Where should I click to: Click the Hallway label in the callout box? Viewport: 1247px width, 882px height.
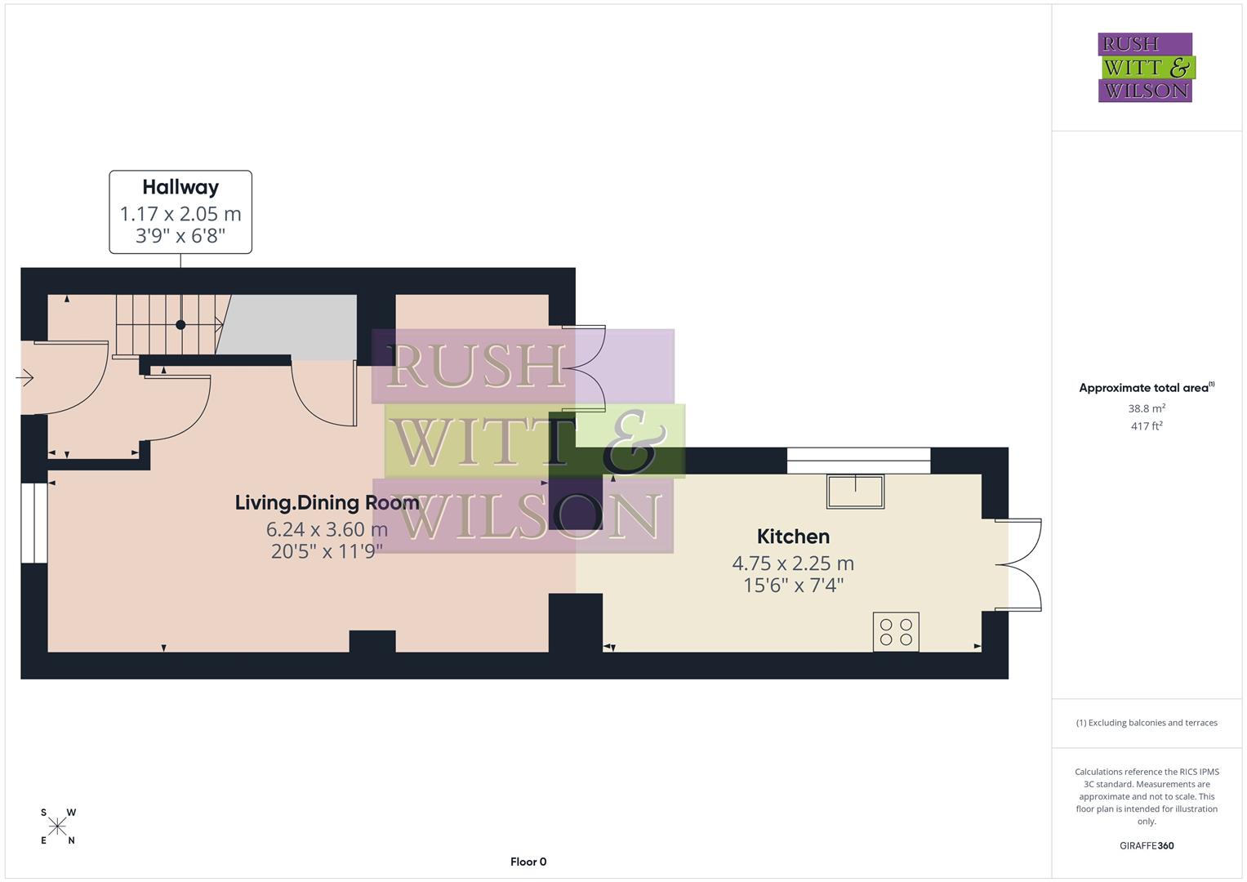pyautogui.click(x=180, y=187)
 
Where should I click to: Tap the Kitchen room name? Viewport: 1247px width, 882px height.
pyautogui.click(x=793, y=537)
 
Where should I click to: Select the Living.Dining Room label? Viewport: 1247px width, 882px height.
pyautogui.click(x=327, y=502)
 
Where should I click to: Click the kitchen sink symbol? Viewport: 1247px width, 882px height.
pyautogui.click(x=855, y=491)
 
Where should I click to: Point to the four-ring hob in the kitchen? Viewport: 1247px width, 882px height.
pyautogui.click(x=896, y=632)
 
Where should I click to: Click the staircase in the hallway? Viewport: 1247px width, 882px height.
pyautogui.click(x=170, y=324)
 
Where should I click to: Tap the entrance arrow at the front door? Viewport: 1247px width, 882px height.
pyautogui.click(x=24, y=378)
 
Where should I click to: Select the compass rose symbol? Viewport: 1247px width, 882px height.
pyautogui.click(x=57, y=826)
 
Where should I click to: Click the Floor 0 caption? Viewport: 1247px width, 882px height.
pyautogui.click(x=528, y=862)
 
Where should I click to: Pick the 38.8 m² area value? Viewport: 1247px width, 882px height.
pyautogui.click(x=1147, y=408)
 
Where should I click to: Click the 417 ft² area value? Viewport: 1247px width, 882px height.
pyautogui.click(x=1147, y=426)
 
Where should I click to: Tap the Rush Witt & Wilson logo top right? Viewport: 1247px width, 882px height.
pyautogui.click(x=1145, y=68)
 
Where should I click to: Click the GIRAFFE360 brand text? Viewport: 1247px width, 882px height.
pyautogui.click(x=1147, y=845)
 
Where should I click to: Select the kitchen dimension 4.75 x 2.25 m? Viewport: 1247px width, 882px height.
pyautogui.click(x=793, y=563)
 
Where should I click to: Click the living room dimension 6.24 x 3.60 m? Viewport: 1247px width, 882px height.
pyautogui.click(x=327, y=529)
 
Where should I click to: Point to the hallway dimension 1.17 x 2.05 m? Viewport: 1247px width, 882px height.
pyautogui.click(x=180, y=214)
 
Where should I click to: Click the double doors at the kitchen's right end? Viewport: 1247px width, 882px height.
pyautogui.click(x=1019, y=564)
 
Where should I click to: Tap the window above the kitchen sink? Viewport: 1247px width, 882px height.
pyautogui.click(x=858, y=461)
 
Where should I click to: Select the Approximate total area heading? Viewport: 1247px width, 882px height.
pyautogui.click(x=1145, y=388)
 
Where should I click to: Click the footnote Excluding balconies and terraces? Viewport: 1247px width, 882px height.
pyautogui.click(x=1147, y=723)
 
